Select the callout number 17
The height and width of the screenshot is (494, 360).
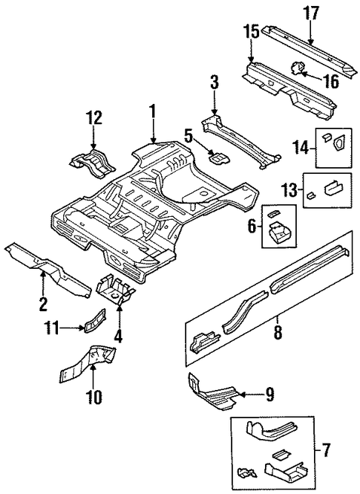tap(312, 14)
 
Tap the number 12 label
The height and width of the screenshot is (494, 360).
tap(93, 118)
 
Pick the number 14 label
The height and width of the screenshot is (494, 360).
tap(302, 147)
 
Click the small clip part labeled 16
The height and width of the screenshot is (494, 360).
tap(297, 68)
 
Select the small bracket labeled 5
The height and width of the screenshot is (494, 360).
tap(219, 157)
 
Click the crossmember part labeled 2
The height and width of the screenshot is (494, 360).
tap(48, 269)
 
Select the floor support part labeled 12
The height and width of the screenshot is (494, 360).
tap(91, 164)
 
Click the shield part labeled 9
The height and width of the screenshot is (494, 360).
tap(213, 393)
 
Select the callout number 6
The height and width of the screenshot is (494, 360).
tap(252, 226)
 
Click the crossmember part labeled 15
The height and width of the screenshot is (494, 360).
tap(289, 91)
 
